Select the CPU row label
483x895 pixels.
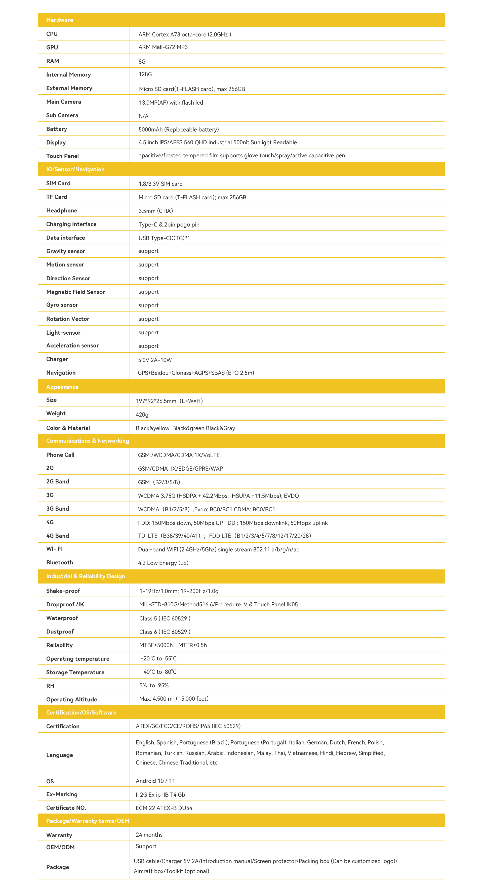52,34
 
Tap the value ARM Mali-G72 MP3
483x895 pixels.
163,47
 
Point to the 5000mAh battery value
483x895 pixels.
178,129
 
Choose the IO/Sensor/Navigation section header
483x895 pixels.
75,169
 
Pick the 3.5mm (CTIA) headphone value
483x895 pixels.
155,211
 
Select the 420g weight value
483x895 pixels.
142,415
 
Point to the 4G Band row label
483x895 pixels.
57,536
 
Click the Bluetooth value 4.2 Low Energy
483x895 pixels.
163,563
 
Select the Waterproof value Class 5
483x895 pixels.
165,618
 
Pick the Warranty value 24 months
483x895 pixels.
149,835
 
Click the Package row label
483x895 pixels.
57,867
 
